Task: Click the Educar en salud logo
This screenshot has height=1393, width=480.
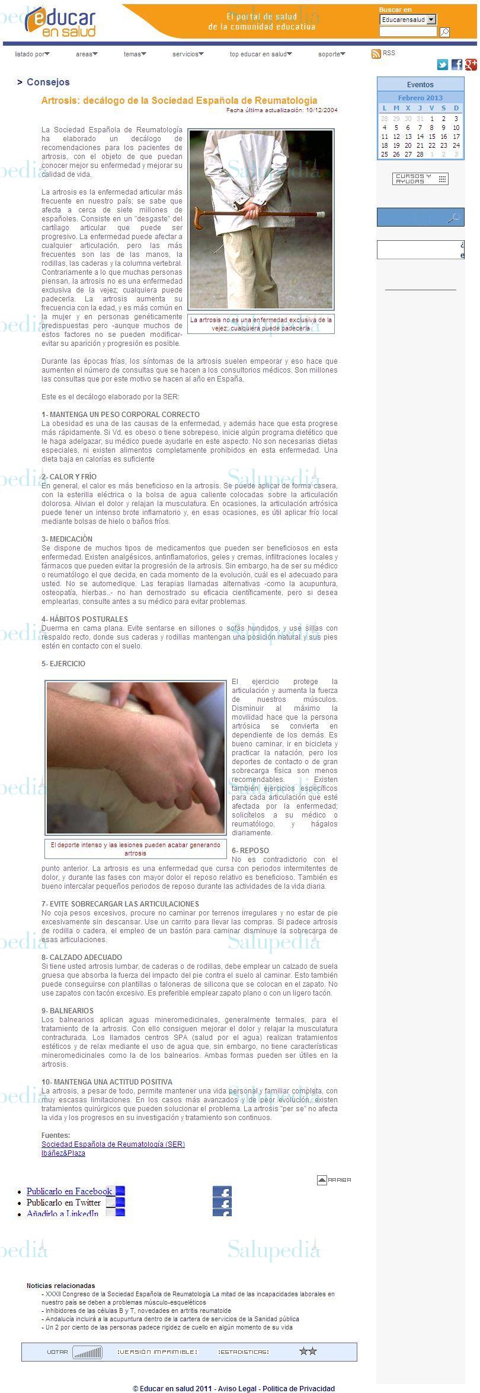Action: click(x=60, y=23)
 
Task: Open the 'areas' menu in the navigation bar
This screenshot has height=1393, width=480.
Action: click(x=87, y=54)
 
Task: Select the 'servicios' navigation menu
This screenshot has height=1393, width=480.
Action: click(x=187, y=54)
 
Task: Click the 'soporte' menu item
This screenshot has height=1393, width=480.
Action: click(x=331, y=54)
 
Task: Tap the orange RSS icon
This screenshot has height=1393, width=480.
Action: click(x=376, y=54)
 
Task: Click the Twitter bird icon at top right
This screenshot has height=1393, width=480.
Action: click(x=442, y=65)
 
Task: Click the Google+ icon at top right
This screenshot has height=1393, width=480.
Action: click(x=471, y=65)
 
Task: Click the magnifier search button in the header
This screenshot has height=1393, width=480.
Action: click(x=444, y=32)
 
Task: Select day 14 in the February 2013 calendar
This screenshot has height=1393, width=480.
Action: click(x=420, y=136)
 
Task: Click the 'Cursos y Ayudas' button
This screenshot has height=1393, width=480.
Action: click(x=420, y=179)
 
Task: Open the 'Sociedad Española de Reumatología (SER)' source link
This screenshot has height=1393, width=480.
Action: click(x=113, y=1144)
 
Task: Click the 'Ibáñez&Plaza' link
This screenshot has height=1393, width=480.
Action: click(x=63, y=1153)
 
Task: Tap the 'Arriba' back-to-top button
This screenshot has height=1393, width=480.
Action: click(x=334, y=1180)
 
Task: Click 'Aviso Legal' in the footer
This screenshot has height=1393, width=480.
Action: click(x=237, y=1388)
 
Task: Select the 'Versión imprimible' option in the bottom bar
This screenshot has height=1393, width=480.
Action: click(x=157, y=1351)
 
